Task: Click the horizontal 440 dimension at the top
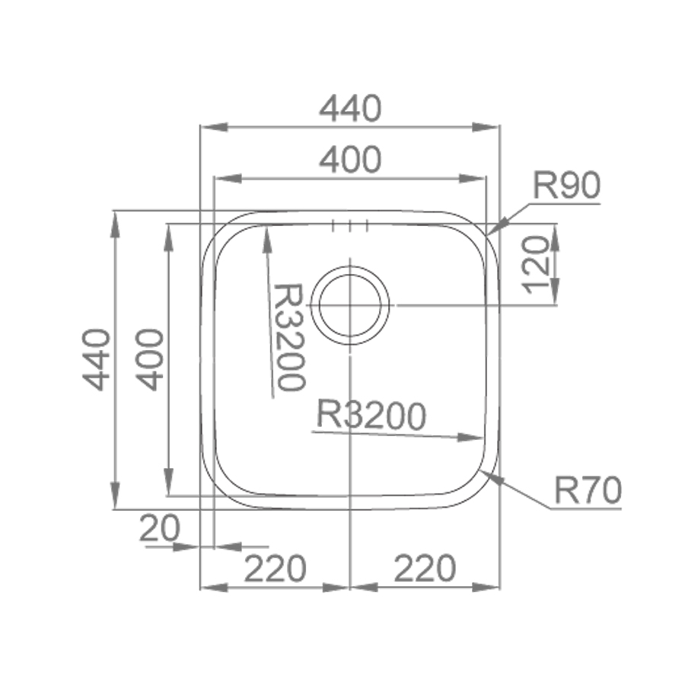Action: [x=350, y=109]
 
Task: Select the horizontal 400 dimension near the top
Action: [x=350, y=160]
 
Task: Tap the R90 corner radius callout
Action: [x=566, y=185]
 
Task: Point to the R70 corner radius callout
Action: [x=588, y=490]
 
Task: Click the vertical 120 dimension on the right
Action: [x=535, y=265]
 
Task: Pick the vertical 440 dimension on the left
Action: [x=96, y=359]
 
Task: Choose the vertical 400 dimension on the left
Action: [x=149, y=359]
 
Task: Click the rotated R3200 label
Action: [x=289, y=336]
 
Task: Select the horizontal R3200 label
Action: [x=371, y=415]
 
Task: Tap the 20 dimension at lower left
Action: [x=160, y=528]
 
